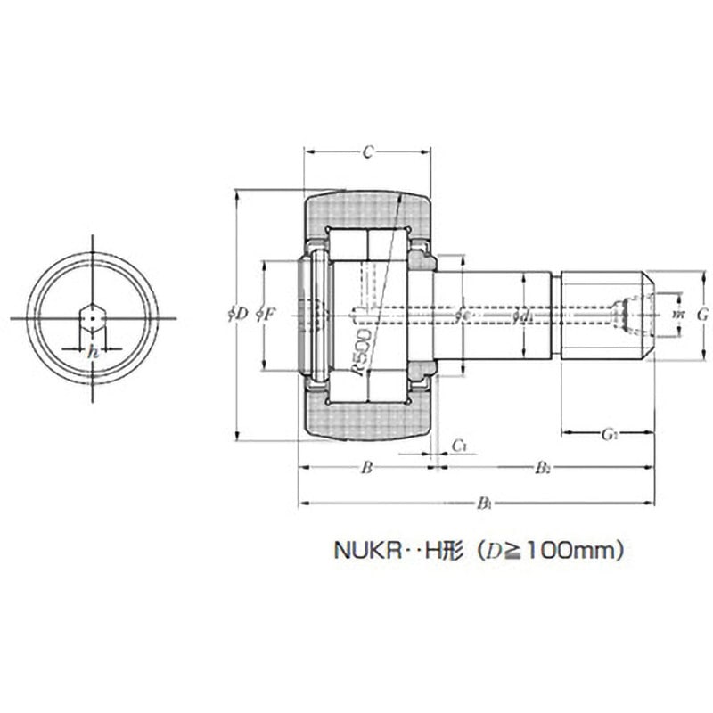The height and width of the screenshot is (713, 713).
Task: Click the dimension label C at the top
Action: [x=366, y=153]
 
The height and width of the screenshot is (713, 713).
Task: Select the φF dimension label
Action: [x=265, y=314]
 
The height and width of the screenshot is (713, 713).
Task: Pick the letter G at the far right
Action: [x=701, y=314]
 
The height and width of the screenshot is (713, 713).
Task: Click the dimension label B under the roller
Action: [x=365, y=467]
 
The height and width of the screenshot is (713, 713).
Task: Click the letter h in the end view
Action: [x=93, y=351]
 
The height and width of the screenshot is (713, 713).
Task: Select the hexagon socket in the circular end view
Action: [x=93, y=317]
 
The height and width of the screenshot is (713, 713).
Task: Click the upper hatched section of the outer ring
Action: [x=366, y=209]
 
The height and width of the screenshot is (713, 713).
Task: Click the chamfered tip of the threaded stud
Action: [x=649, y=314]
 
